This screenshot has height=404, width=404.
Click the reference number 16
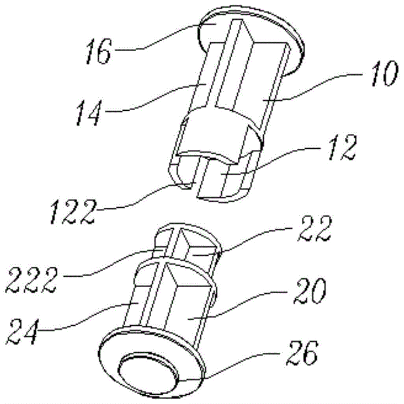click(99, 52)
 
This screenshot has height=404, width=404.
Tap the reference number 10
click(383, 73)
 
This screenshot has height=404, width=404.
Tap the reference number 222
click(32, 279)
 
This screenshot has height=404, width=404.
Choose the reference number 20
click(310, 291)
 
